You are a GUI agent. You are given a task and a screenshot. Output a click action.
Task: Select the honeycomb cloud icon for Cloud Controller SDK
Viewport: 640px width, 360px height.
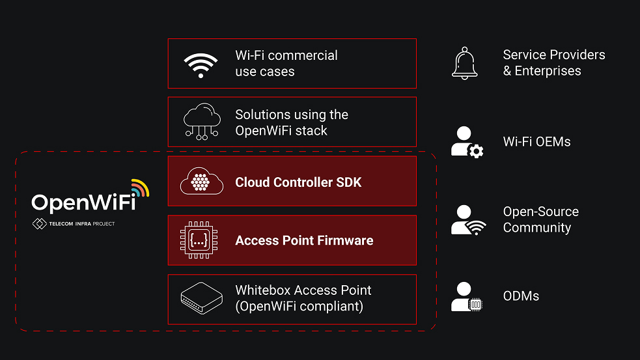tap(201, 182)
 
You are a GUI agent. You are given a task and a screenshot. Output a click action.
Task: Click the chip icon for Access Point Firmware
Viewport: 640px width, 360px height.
tap(201, 240)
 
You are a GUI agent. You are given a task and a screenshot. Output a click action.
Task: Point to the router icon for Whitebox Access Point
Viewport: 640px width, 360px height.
tap(201, 299)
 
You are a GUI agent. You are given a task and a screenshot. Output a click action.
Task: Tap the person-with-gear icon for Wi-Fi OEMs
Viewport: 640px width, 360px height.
tap(467, 142)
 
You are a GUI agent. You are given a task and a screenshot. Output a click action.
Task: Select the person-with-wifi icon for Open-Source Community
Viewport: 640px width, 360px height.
tap(467, 220)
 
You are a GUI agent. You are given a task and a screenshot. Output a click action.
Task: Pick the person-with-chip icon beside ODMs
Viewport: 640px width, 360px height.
tap(467, 297)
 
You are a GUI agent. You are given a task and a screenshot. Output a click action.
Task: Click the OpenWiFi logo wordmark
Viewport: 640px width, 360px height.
tap(83, 202)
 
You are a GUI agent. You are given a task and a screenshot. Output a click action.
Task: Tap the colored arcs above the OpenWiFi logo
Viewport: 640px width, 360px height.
tap(139, 187)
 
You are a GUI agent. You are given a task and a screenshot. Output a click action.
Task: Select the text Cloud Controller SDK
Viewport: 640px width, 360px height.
tap(298, 183)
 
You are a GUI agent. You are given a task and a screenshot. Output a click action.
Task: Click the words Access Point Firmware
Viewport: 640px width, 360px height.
tap(304, 241)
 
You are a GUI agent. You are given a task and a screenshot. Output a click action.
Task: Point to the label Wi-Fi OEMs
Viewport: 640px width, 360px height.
tap(536, 142)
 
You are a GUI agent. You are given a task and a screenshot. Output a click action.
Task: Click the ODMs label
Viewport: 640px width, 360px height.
tap(521, 296)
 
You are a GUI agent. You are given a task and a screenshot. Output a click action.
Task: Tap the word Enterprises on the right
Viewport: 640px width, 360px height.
tap(548, 71)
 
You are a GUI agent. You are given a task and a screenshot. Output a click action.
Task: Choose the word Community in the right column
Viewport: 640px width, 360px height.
tap(537, 228)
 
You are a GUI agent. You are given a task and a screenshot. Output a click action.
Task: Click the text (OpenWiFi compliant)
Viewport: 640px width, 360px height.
tap(299, 306)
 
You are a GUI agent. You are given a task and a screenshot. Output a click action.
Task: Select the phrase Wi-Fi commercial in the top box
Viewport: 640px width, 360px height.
tap(286, 55)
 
